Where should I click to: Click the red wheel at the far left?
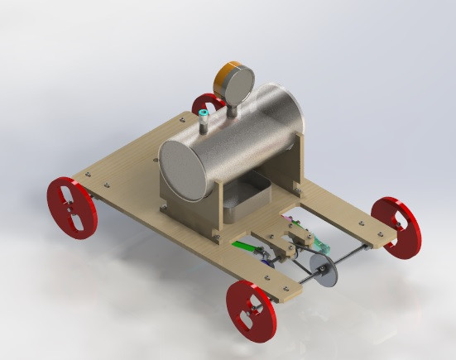click(72, 208)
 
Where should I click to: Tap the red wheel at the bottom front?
click(250, 310)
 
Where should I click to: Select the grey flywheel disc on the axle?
click(325, 271)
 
